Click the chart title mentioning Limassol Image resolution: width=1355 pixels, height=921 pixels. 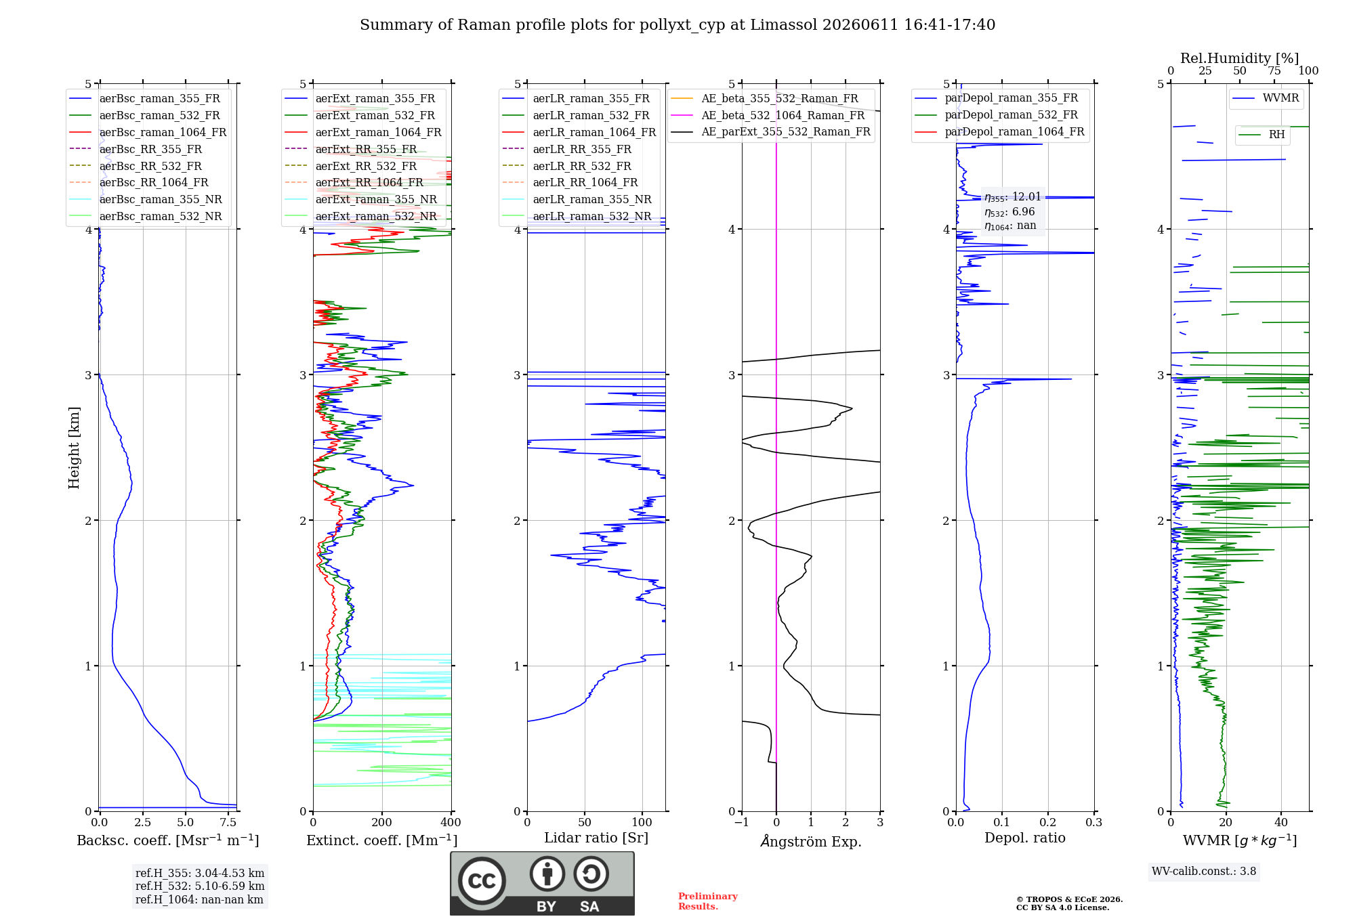(x=677, y=25)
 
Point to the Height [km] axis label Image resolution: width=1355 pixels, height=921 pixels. (x=74, y=448)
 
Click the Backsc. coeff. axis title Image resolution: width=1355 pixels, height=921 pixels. (x=168, y=840)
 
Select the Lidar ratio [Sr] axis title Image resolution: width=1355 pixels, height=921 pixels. (x=596, y=838)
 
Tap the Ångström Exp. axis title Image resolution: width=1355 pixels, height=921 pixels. (x=811, y=840)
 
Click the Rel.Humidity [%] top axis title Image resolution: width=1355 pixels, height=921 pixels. (x=1240, y=58)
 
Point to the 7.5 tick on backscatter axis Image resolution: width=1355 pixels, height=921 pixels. (x=228, y=823)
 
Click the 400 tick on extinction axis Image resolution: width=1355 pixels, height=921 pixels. (x=451, y=823)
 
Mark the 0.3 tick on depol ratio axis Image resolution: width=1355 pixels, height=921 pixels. (x=1094, y=823)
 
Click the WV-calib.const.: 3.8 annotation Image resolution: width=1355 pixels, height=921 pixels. (x=1204, y=872)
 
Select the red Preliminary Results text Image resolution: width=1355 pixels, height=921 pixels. (x=708, y=901)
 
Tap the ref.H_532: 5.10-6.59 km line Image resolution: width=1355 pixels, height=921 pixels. (x=200, y=886)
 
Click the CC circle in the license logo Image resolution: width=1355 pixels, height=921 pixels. (x=482, y=880)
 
